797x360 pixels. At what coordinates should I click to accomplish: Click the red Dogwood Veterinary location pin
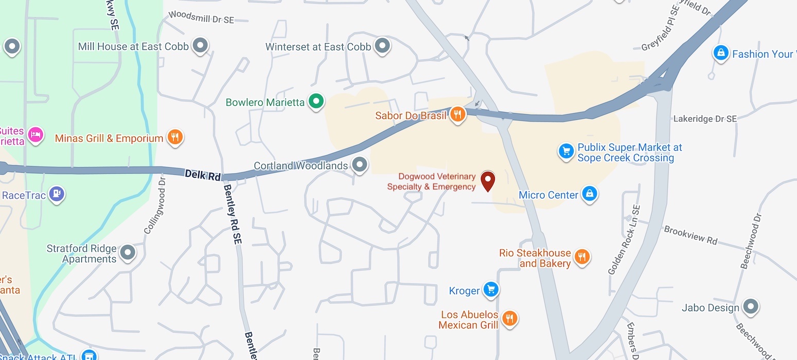[x=487, y=180]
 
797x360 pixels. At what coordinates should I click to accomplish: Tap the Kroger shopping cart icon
[x=491, y=290]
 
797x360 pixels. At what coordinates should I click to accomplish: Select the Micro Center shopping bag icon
[x=589, y=194]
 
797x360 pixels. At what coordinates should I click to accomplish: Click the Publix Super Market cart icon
[x=566, y=151]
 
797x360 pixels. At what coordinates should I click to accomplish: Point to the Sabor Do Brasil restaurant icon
[x=457, y=114]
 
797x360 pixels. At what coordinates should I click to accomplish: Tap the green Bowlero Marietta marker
[x=316, y=101]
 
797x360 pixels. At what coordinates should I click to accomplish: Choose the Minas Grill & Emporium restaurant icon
[x=175, y=137]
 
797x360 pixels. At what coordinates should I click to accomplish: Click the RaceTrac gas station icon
[x=56, y=194]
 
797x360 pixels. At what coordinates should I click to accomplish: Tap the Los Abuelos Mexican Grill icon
[x=509, y=318]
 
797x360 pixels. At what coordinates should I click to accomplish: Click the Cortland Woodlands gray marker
[x=360, y=165]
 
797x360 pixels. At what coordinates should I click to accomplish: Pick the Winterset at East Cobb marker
[x=382, y=46]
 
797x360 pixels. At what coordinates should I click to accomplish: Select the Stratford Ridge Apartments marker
[x=127, y=252]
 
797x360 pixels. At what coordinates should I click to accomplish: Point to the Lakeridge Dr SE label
[x=705, y=119]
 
